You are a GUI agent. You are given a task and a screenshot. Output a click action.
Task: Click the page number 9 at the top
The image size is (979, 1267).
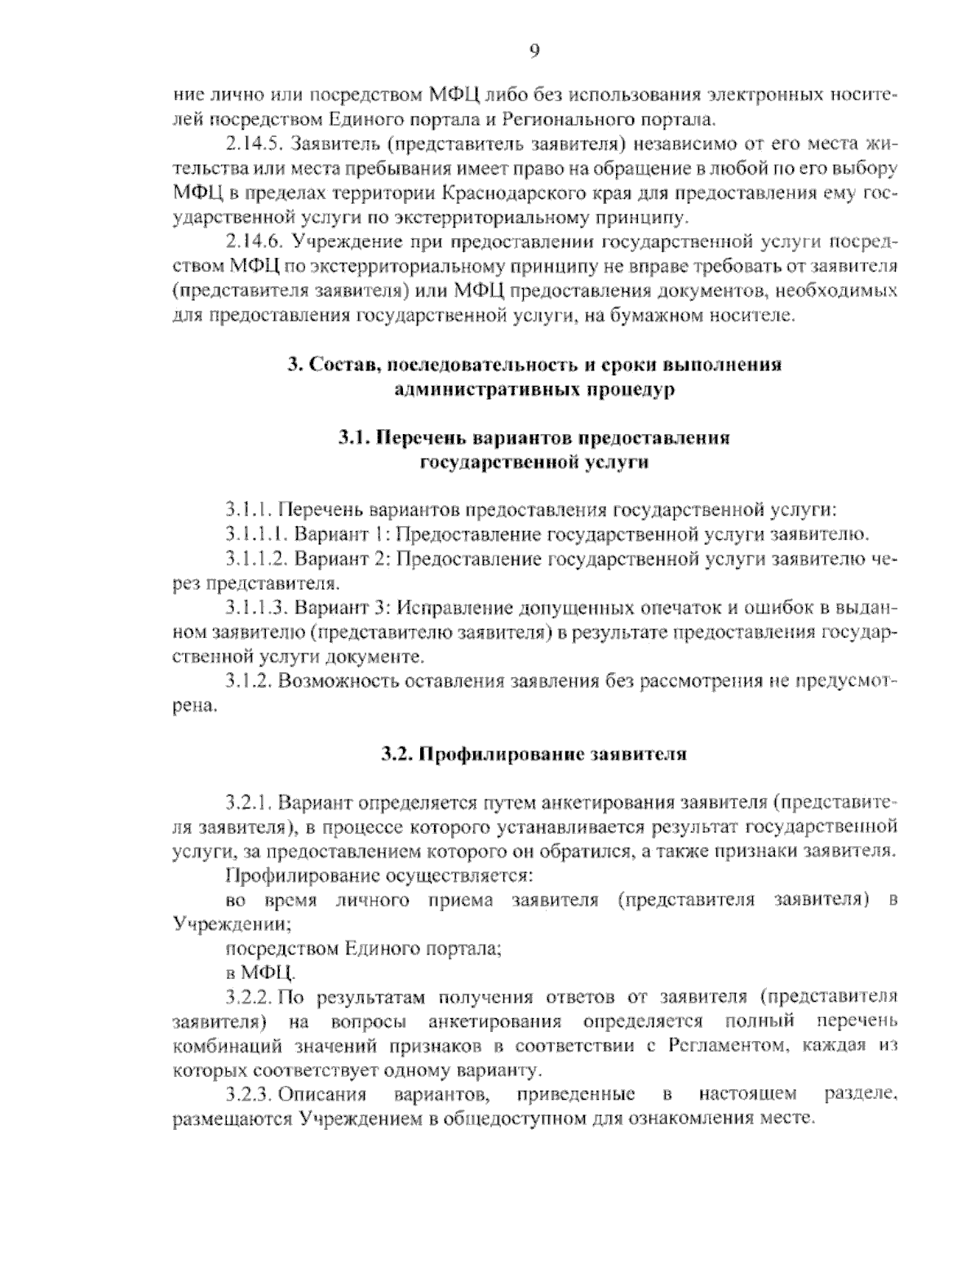tap(534, 51)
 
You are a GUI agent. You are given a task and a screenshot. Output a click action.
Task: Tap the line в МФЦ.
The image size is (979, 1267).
tap(262, 972)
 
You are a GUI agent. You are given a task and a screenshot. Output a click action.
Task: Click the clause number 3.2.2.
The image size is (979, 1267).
tap(250, 997)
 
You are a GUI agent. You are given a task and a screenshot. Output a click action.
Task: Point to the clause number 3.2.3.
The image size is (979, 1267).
tap(250, 1094)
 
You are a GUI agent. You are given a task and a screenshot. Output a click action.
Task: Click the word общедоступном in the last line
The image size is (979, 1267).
tap(517, 1119)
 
